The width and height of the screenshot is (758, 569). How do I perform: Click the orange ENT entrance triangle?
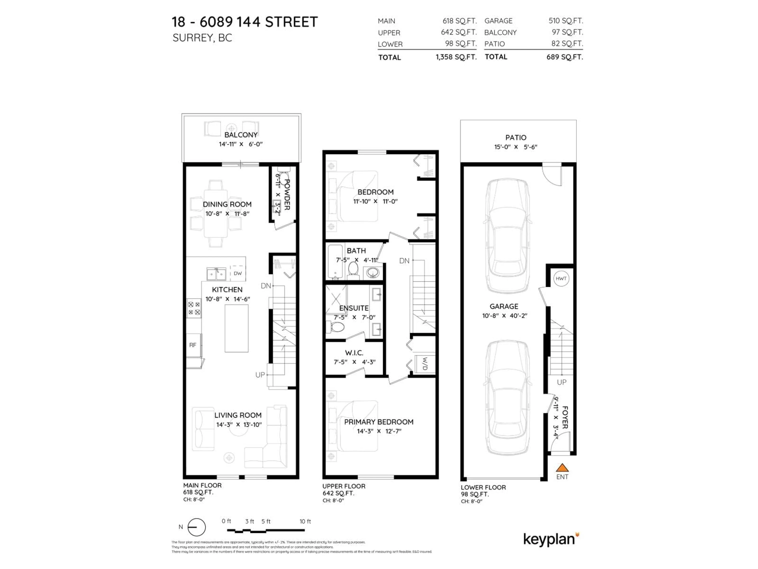[x=562, y=468]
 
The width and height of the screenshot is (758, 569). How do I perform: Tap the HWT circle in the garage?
[x=561, y=279]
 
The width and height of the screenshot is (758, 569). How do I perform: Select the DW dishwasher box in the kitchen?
[x=237, y=273]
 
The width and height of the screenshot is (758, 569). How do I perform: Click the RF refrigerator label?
[x=193, y=345]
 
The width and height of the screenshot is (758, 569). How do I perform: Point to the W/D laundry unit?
[x=425, y=364]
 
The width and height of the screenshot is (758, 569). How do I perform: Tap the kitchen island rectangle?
[x=236, y=328]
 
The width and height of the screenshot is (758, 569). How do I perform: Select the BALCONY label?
[x=241, y=135]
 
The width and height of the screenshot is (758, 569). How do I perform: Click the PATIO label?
[x=516, y=138]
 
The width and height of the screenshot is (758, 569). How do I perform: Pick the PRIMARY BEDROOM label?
[x=379, y=422]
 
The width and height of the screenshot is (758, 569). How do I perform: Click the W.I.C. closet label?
[x=354, y=353]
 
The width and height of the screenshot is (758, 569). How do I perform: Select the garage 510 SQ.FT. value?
[x=565, y=21]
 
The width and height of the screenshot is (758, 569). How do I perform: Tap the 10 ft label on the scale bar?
[x=305, y=521]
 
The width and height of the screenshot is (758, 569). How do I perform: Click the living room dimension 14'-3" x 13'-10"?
[x=239, y=425]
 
